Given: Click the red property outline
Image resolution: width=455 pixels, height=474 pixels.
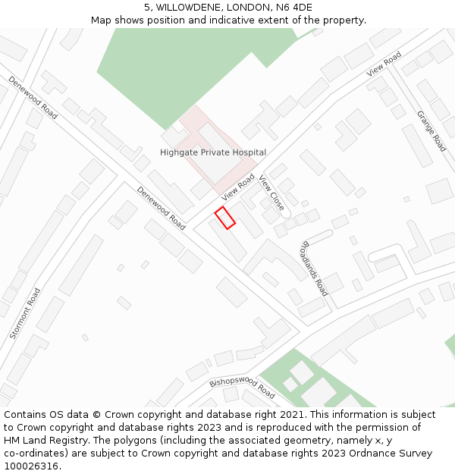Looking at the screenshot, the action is click(x=224, y=218).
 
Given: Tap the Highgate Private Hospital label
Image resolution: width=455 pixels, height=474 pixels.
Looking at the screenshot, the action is click(x=213, y=152).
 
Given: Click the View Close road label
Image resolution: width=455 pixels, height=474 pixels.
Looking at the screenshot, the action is click(x=271, y=193).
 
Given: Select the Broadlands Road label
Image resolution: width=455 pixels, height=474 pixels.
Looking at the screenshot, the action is click(x=315, y=268).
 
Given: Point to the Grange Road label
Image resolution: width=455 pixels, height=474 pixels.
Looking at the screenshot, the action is click(x=431, y=131).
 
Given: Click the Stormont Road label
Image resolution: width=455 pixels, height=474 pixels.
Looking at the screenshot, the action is click(x=25, y=312).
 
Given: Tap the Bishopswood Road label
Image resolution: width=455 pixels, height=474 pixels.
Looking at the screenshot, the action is click(x=242, y=388).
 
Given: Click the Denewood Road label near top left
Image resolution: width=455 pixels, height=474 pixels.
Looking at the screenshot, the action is click(x=33, y=97).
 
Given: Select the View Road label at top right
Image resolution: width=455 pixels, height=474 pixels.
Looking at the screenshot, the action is click(x=384, y=64).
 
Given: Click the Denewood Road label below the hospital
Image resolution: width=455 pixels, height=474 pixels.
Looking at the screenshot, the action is click(x=161, y=208).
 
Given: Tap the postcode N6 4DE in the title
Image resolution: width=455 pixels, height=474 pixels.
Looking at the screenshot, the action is click(x=292, y=8).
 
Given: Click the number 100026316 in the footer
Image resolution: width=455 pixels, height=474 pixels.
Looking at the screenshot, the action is click(x=30, y=466).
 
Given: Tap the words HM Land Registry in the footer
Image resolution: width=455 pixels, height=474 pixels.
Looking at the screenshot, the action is click(x=42, y=441).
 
